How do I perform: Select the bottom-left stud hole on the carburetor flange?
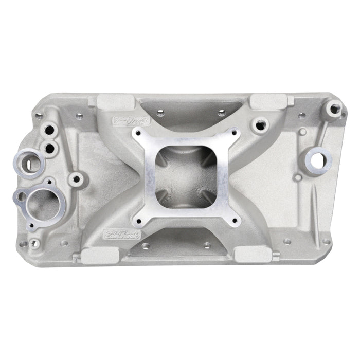(137, 222)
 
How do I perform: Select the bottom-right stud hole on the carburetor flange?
(236, 222)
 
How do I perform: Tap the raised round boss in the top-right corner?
(334, 109)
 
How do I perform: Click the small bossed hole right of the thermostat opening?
(77, 179)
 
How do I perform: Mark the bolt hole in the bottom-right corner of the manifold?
(326, 241)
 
